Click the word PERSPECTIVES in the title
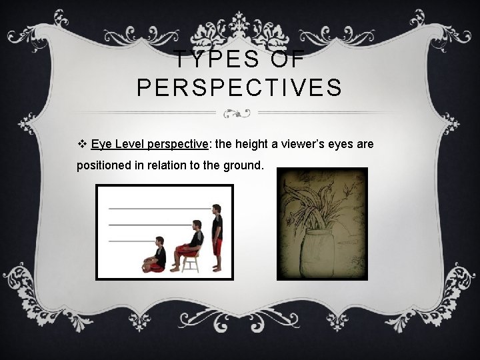[240, 87]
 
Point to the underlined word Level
[129, 144]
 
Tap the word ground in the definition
[241, 165]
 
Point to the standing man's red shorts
[217, 247]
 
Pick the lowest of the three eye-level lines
[130, 241]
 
